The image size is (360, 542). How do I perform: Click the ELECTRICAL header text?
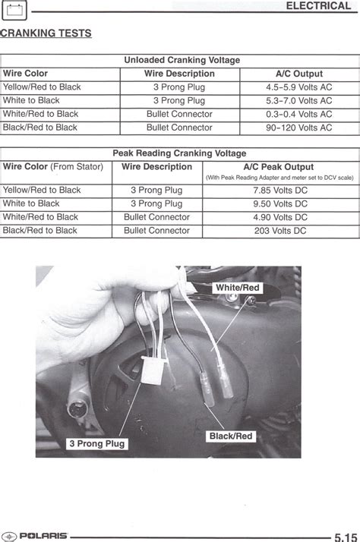pos(318,6)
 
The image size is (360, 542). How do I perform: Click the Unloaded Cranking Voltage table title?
pos(182,60)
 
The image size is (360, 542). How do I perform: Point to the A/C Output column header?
pos(298,74)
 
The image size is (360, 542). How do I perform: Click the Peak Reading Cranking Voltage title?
pos(179,153)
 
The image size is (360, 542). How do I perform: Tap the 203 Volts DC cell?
pos(279,231)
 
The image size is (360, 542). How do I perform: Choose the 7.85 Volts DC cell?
pos(279,190)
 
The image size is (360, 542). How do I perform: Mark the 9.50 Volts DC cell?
pos(279,203)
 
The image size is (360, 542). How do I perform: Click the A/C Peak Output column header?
pos(278,167)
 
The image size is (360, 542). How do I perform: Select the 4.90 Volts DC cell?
pos(279,217)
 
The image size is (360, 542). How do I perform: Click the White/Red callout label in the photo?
pos(238,288)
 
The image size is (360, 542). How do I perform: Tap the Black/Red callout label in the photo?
pos(231,436)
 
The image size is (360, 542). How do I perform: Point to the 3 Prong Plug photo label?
pos(97,443)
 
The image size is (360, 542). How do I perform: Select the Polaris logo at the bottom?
pos(35,534)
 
